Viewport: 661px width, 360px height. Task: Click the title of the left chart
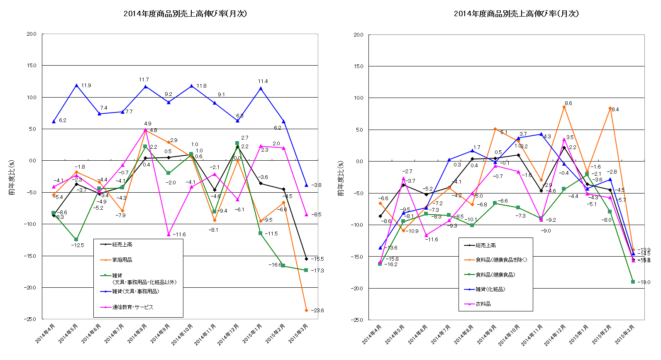coord(185,14)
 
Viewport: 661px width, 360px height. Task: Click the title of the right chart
coord(516,14)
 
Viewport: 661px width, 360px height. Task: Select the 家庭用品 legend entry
coord(122,260)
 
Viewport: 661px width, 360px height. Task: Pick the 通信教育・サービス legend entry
coord(132,307)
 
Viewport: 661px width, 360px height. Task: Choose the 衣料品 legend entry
coord(483,304)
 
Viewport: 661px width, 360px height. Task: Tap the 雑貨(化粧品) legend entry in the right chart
coord(490,289)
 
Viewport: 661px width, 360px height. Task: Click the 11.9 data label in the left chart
coord(86,86)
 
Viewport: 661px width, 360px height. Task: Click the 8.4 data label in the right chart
coord(615,110)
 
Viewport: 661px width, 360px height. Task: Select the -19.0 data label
coord(644,282)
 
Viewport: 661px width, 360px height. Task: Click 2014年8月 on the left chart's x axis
coord(137,333)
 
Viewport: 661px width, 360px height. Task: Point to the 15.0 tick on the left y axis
coord(32,66)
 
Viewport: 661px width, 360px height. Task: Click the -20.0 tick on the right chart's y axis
coord(358,289)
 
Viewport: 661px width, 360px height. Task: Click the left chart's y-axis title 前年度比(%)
coord(12,178)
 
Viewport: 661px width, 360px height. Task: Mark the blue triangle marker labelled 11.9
coord(76,86)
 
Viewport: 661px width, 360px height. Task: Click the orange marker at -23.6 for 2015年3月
coord(306,311)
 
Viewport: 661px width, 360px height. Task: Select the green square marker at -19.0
coord(633,282)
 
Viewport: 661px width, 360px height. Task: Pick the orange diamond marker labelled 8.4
coord(610,108)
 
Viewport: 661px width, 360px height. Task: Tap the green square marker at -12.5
coord(76,240)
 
